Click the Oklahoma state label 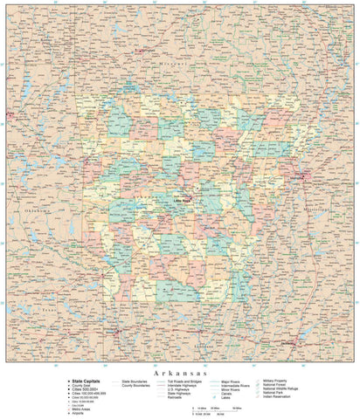[40, 210]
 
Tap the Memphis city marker [301, 178]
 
